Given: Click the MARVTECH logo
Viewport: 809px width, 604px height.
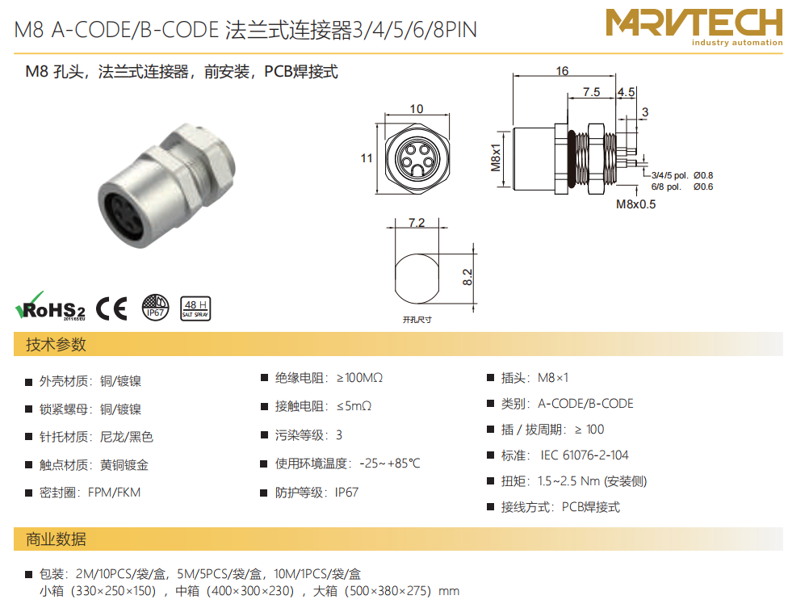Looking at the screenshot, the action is (x=694, y=27).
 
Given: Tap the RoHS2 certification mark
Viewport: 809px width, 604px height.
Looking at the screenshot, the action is (x=50, y=306).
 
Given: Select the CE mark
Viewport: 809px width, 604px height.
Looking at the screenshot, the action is (x=111, y=308).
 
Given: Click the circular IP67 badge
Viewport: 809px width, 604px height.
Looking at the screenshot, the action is (x=155, y=308).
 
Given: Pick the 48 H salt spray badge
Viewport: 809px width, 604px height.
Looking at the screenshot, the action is (x=195, y=308).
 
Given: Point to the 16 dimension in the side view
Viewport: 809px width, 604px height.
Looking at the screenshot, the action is (x=563, y=71).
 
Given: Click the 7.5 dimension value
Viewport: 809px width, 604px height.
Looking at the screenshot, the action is (x=591, y=92).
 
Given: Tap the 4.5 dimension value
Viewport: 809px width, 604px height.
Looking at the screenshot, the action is (x=627, y=92).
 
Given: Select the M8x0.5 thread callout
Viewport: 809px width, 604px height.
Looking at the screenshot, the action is (x=635, y=204).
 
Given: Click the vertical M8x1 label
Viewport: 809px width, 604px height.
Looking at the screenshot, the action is (x=496, y=157).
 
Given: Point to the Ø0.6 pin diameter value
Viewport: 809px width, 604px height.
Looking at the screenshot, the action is (x=703, y=187).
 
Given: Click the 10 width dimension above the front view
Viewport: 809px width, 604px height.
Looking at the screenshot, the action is (x=417, y=109).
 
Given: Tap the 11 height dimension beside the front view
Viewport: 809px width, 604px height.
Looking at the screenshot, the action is (x=367, y=157).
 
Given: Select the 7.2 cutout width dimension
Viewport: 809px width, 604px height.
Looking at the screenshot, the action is (x=417, y=222).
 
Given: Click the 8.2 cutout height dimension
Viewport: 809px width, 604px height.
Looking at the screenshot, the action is (x=467, y=277).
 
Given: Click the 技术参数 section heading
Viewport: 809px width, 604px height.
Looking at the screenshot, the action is (x=56, y=345).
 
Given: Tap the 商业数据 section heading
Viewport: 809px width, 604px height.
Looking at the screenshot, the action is (x=56, y=539).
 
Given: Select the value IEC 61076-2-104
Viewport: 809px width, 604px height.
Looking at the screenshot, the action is (x=585, y=455).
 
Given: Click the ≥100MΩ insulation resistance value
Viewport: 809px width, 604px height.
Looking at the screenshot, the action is (x=359, y=378).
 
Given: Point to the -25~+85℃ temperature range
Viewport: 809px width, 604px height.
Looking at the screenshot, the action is (x=390, y=463).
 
